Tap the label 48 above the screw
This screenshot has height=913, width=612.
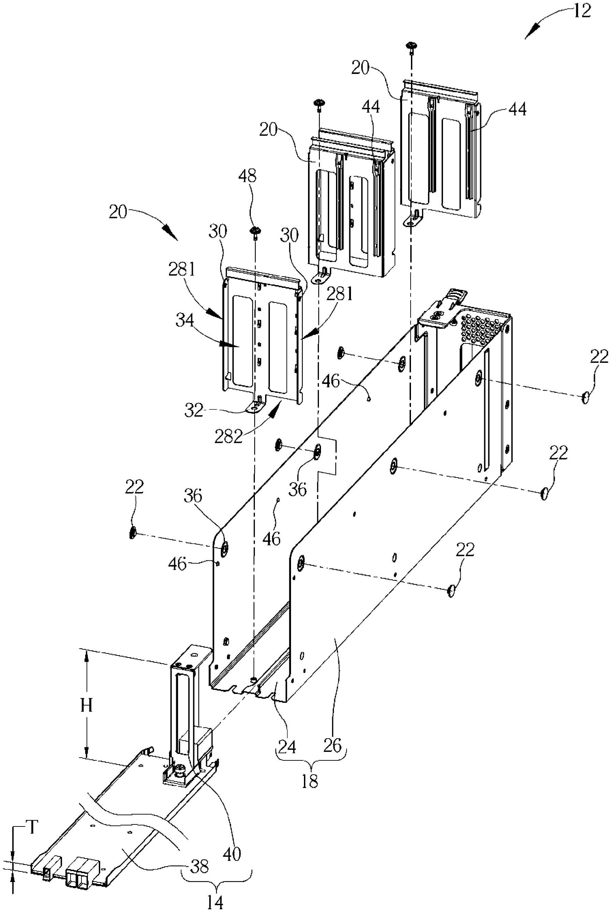tap(247, 177)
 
